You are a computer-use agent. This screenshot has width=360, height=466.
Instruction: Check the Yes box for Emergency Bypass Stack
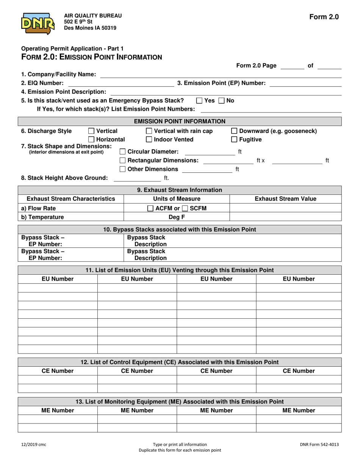[199, 101]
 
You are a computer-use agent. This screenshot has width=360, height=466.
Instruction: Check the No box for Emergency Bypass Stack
[221, 101]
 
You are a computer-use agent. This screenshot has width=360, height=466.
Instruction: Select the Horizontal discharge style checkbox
[91, 140]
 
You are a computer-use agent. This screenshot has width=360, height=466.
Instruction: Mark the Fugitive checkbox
[234, 140]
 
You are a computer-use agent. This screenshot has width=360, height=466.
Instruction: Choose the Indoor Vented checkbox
[149, 140]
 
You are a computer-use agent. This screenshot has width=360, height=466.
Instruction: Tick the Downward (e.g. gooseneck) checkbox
[234, 131]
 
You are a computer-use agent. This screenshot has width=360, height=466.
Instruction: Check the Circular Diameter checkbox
[122, 152]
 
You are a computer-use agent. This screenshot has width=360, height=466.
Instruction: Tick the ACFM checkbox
[150, 208]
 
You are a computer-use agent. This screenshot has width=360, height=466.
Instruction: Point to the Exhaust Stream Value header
[285, 199]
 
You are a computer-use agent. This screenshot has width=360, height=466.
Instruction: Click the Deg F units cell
[177, 217]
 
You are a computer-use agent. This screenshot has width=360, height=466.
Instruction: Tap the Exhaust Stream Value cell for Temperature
[285, 217]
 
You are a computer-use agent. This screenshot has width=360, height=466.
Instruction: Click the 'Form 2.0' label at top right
[324, 17]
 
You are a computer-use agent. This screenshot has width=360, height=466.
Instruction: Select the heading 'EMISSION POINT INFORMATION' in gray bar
[180, 121]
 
